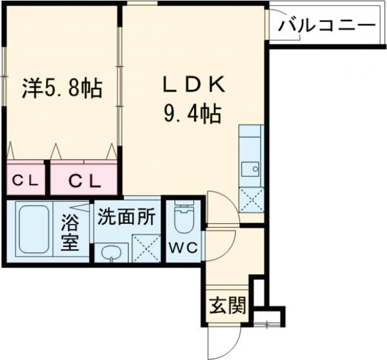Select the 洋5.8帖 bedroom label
63,88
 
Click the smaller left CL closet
26,181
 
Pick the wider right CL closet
84,181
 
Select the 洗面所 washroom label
126,217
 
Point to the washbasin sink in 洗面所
112,252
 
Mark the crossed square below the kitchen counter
250,199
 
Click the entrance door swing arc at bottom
223,339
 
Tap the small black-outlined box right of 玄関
258,294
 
